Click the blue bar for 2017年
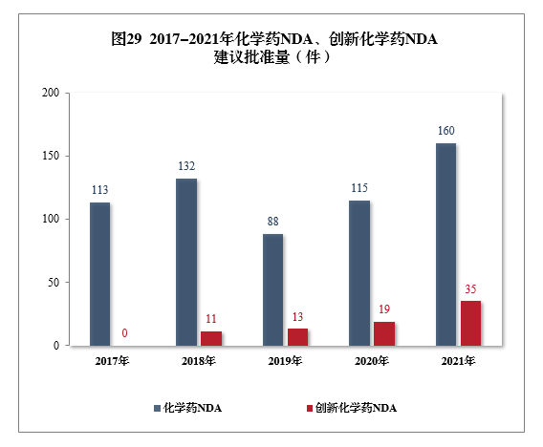tap(99, 273)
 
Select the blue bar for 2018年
tap(186, 262)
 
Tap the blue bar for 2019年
tap(272, 289)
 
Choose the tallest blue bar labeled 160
tap(445, 244)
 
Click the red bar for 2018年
tap(211, 338)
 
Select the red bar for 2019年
tap(297, 336)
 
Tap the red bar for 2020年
tap(384, 333)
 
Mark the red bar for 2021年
tap(470, 323)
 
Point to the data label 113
tap(99, 190)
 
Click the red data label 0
tap(125, 333)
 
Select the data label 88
tap(272, 222)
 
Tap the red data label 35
tap(470, 288)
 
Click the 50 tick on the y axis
tap(54, 283)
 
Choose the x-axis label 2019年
tap(284, 361)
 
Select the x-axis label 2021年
tap(457, 361)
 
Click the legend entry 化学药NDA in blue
tap(191, 408)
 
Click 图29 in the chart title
tap(126, 39)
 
